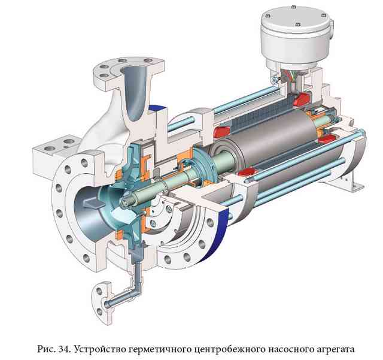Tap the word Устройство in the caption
pos(98,349)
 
